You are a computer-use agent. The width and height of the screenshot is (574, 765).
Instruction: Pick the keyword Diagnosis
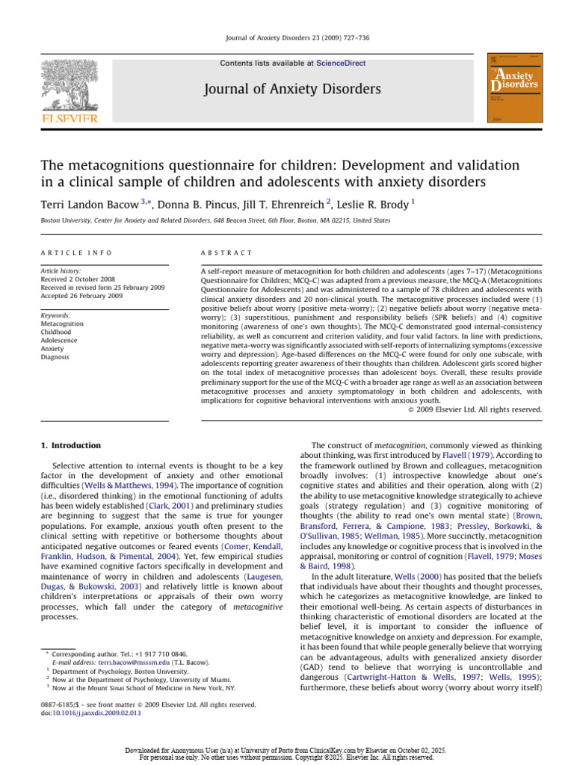pos(55,357)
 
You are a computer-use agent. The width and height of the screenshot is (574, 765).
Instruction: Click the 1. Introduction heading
pos(70,446)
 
